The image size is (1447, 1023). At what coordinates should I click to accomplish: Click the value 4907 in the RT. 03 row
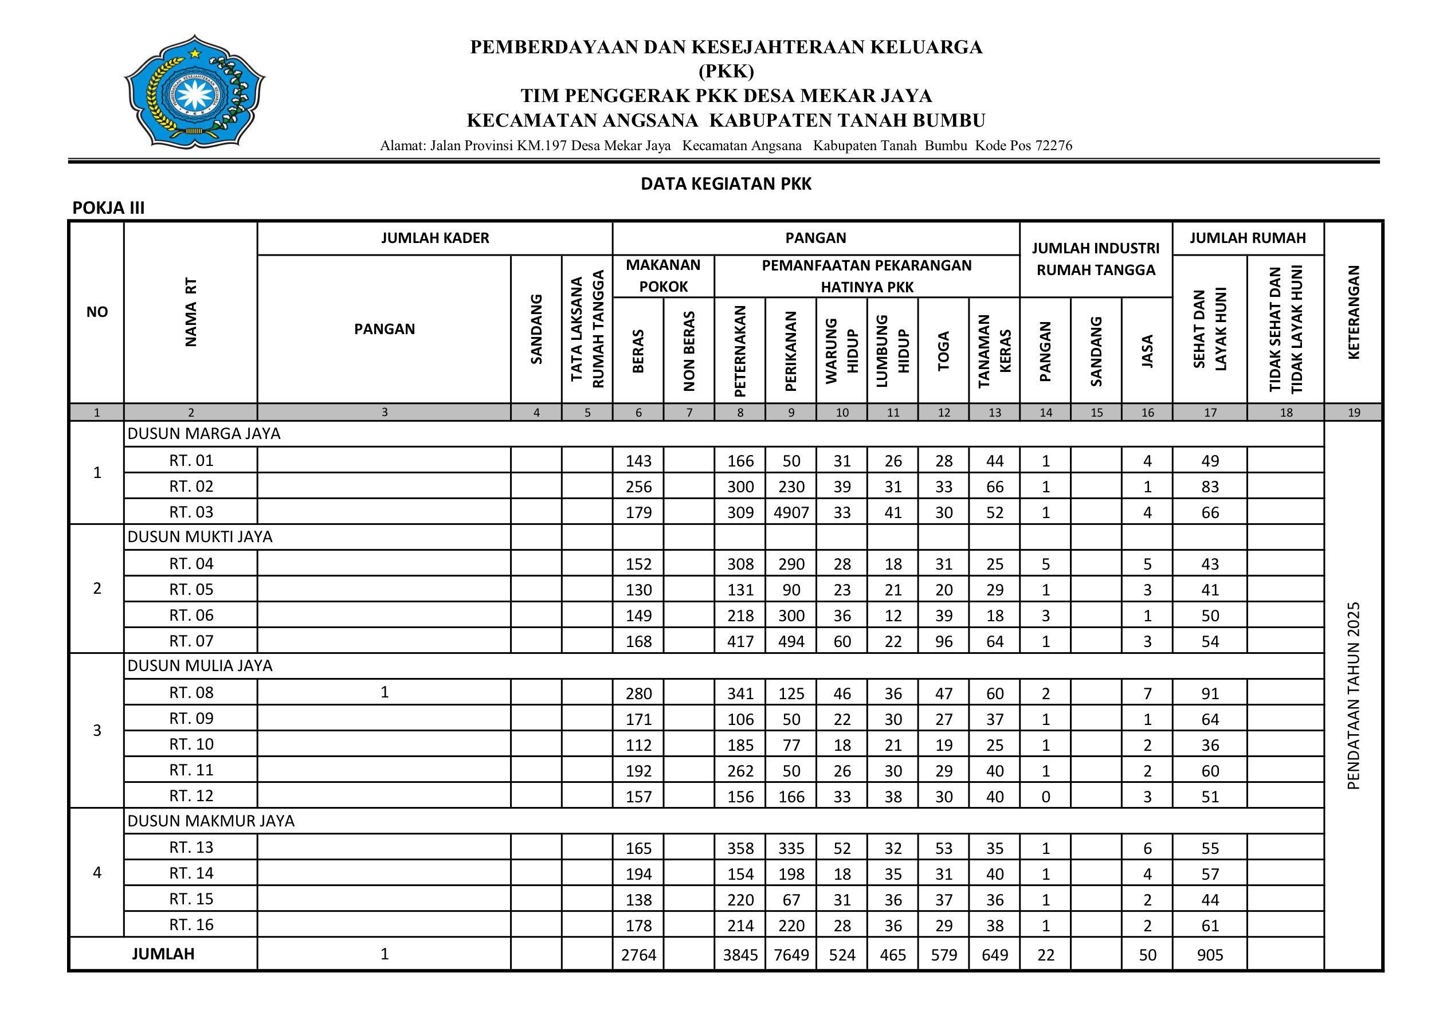[x=791, y=512]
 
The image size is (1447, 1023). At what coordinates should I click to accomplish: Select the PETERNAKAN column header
[x=740, y=350]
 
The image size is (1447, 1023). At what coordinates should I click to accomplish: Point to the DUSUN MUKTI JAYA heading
[x=200, y=537]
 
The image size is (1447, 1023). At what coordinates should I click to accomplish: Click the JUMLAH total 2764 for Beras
[x=638, y=955]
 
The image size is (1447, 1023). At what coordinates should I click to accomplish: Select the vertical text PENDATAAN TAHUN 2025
[x=1354, y=696]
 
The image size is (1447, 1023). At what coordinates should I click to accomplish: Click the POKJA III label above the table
[x=108, y=208]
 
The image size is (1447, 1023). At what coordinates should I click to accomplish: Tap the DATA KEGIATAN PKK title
[x=726, y=184]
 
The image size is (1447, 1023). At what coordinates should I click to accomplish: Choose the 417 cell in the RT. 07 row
[x=740, y=641]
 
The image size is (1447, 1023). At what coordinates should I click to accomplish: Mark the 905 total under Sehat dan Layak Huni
[x=1210, y=955]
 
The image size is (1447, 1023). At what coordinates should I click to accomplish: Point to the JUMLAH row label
[x=163, y=954]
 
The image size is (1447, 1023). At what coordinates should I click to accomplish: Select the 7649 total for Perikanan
[x=791, y=955]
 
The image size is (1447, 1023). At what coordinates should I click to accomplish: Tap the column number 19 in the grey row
[x=1354, y=413]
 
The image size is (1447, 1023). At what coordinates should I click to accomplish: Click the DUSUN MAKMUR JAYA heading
[x=211, y=821]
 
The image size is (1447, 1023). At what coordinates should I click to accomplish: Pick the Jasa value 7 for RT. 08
[x=1147, y=693]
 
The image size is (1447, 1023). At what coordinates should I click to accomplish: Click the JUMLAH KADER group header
[x=435, y=238]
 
